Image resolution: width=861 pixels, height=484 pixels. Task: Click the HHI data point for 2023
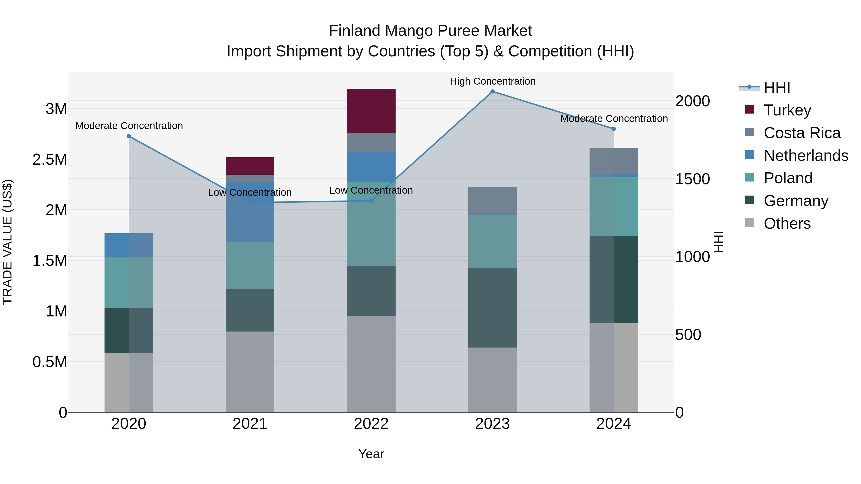[x=492, y=92]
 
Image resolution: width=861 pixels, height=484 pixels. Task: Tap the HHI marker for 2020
[x=129, y=136]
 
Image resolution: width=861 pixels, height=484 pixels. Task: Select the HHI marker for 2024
[x=614, y=129]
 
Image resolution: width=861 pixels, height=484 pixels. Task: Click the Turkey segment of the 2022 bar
[x=371, y=111]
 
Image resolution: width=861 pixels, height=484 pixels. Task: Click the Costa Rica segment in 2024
[x=614, y=161]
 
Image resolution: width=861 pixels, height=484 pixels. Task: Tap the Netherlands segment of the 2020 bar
[x=129, y=245]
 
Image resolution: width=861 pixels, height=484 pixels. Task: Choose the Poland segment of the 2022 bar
[x=371, y=224]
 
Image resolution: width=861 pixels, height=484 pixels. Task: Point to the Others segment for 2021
[x=250, y=371]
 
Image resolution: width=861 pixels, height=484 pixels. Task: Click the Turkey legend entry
[x=787, y=110]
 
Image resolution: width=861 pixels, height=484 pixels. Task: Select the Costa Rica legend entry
[x=801, y=133]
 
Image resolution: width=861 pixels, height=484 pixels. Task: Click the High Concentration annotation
[x=492, y=81]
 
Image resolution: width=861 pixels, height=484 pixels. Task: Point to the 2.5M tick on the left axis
[x=50, y=160]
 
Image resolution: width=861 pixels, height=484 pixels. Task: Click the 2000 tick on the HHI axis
[x=692, y=101]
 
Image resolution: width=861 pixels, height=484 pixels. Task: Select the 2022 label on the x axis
[x=371, y=424]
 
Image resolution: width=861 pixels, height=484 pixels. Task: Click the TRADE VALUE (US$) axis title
[x=8, y=242]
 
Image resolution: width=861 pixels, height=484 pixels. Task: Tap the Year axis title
[x=371, y=454]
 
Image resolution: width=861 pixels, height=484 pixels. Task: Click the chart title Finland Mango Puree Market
[x=430, y=31]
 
